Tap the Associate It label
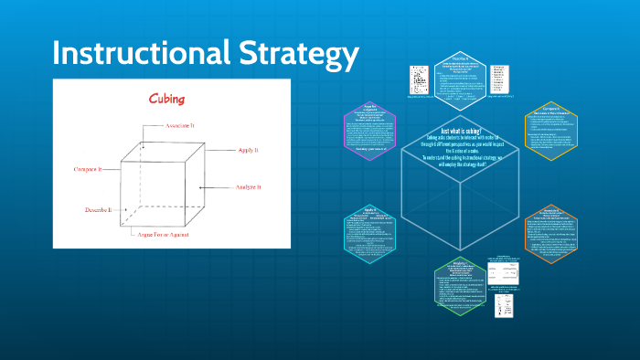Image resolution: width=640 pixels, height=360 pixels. click(x=186, y=125)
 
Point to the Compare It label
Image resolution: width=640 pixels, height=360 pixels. click(x=95, y=170)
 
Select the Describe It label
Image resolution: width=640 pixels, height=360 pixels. click(x=98, y=209)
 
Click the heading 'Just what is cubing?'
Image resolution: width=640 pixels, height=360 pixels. click(x=461, y=131)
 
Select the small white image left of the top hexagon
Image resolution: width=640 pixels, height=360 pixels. click(x=419, y=77)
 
